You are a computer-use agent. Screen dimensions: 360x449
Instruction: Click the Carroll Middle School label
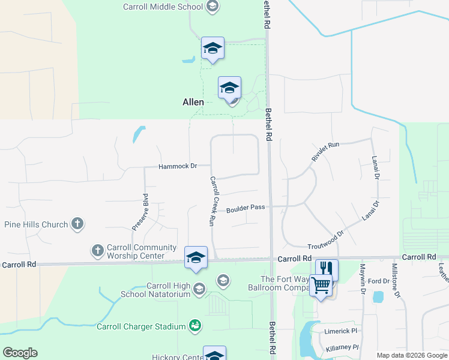163,7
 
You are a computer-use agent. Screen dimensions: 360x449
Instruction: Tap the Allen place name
193,103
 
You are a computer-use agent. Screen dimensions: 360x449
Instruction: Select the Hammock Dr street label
178,166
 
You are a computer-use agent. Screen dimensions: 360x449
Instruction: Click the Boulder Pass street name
246,209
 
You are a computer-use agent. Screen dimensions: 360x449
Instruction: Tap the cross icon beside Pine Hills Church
77,224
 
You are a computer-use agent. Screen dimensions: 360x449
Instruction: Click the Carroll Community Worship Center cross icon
97,250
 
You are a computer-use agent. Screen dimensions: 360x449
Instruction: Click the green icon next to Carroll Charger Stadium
195,326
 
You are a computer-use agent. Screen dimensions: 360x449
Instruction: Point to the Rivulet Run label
325,152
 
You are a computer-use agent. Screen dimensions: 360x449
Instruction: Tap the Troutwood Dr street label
325,241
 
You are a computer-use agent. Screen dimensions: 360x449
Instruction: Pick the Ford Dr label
379,281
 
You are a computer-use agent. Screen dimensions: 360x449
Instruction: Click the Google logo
20,353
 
